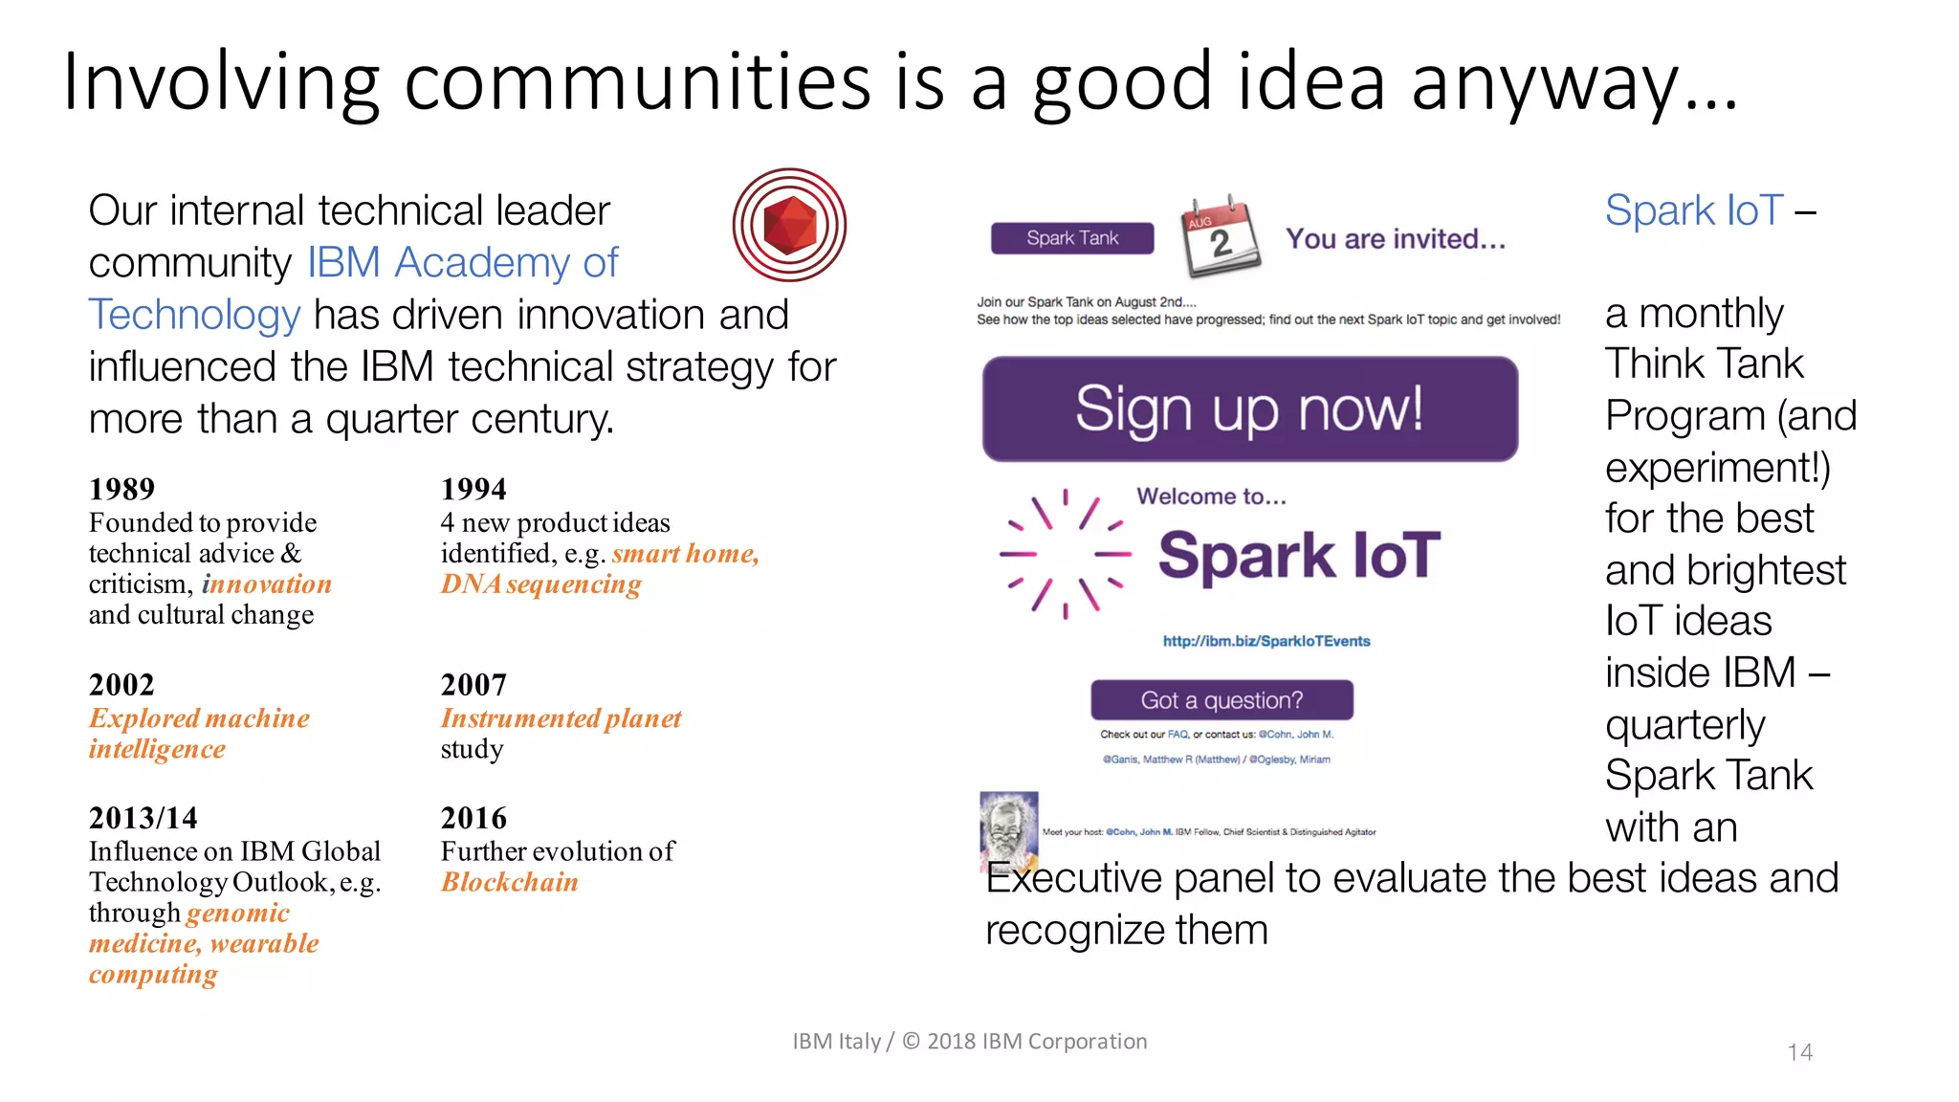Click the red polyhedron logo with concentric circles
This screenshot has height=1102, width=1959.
(x=789, y=225)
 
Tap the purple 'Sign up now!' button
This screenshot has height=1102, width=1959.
(x=1249, y=409)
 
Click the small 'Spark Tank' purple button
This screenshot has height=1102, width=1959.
(x=1071, y=238)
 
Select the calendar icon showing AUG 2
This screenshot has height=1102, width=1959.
(x=1220, y=236)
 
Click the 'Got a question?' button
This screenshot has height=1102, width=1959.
(x=1222, y=700)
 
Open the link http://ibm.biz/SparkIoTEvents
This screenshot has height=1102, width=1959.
(x=1266, y=641)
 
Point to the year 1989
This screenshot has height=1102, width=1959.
(x=121, y=489)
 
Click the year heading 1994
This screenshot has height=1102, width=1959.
(x=473, y=489)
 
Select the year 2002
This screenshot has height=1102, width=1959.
(x=121, y=685)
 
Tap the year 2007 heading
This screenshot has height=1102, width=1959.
(x=473, y=685)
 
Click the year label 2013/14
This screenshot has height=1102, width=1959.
(x=143, y=818)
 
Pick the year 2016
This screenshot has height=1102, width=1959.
(x=473, y=818)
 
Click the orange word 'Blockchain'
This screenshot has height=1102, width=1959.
(x=510, y=882)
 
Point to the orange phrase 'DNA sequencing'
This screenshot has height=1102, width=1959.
(x=540, y=584)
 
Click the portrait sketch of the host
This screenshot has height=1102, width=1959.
(x=1008, y=828)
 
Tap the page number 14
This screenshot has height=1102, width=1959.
(x=1799, y=1052)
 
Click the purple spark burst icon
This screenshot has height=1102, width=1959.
(x=1065, y=554)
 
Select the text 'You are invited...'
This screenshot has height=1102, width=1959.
(x=1395, y=239)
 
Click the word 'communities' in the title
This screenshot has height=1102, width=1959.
(x=637, y=82)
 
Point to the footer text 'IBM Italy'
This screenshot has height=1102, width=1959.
(x=836, y=1041)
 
